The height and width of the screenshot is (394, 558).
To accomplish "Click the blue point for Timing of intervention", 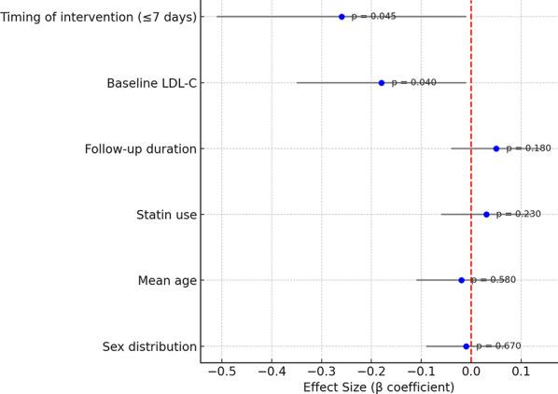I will point(342,17).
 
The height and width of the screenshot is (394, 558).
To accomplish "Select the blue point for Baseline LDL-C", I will point(382,82).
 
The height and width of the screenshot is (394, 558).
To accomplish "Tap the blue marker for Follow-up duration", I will point(496,148).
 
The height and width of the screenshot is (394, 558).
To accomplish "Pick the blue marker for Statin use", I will point(486,214).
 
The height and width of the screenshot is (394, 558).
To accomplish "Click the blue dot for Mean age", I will point(461,280).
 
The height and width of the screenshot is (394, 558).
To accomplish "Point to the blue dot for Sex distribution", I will point(467,346).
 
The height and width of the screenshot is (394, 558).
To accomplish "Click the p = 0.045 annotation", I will point(373,17).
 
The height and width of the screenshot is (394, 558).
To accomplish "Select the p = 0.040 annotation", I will point(413,82).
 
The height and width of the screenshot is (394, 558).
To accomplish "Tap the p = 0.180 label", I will point(528,148).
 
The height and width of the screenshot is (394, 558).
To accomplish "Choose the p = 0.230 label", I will point(518,214).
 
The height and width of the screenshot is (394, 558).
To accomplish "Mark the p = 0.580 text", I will point(493,280).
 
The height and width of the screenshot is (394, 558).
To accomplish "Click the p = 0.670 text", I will point(498,346).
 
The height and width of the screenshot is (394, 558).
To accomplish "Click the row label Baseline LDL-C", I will point(151,83).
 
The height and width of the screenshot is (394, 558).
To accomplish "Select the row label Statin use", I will point(166,215).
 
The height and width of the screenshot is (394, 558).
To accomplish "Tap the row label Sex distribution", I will point(149,346).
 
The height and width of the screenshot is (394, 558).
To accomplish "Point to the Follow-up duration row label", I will point(140,149).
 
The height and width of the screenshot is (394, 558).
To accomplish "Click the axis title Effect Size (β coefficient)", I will point(379,387).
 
